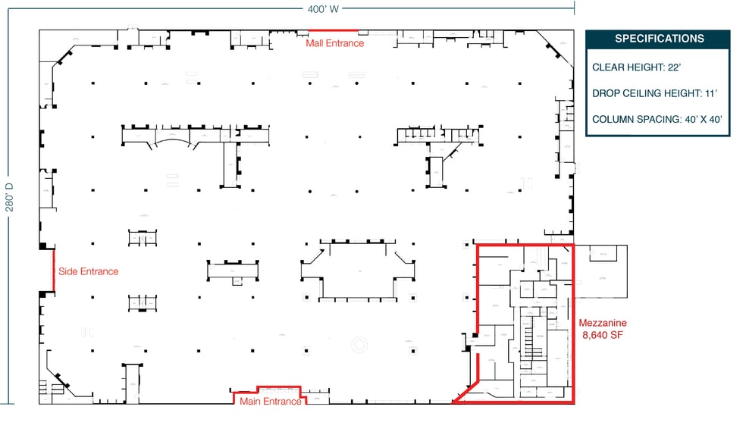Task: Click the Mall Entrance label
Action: [x=334, y=43]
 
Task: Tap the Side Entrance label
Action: [x=88, y=271]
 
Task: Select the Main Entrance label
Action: [x=271, y=402]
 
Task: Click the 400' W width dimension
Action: [x=323, y=9]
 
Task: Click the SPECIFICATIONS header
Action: [x=659, y=39]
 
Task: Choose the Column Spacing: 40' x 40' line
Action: [x=657, y=119]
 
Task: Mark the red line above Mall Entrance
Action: [x=333, y=30]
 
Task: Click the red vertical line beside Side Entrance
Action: [x=53, y=271]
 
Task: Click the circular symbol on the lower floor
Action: [x=359, y=344]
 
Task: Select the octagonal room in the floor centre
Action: [x=359, y=270]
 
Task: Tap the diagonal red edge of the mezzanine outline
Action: [x=465, y=393]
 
